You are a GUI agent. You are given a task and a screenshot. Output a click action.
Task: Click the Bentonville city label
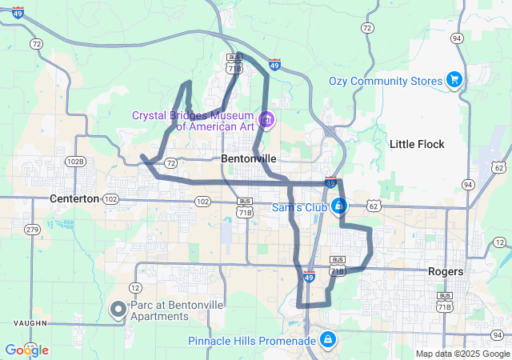click(249, 159)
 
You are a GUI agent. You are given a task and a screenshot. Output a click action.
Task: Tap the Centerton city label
click(74, 198)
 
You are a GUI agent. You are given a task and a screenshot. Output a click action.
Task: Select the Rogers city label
click(446, 271)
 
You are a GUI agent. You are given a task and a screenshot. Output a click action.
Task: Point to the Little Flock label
click(417, 144)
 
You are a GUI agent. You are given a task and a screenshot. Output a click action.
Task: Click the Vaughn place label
click(30, 323)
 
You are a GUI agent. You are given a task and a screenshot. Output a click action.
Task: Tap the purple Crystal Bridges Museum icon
click(266, 121)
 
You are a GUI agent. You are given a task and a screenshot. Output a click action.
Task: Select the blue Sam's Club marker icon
click(339, 206)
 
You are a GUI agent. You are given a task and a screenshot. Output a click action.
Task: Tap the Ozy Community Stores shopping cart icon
click(454, 79)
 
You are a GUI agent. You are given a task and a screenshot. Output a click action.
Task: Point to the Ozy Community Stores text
click(386, 82)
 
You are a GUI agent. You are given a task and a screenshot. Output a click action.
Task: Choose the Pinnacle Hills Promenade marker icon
click(326, 340)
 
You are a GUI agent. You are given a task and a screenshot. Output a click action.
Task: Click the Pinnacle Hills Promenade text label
click(252, 342)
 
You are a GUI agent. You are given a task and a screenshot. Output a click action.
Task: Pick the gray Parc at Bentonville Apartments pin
click(118, 309)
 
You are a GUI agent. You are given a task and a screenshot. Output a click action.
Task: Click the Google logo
click(26, 350)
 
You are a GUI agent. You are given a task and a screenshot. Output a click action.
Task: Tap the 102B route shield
click(75, 161)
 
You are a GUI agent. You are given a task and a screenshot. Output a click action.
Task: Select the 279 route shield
click(32, 230)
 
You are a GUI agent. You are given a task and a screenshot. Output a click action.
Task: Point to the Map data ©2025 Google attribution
click(462, 354)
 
